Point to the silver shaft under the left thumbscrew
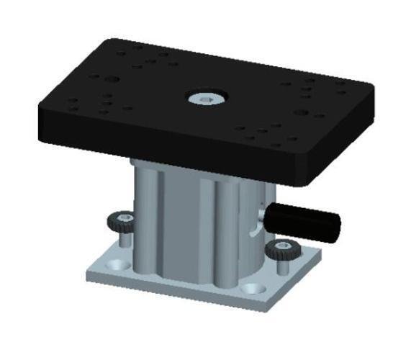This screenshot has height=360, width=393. click(x=125, y=238)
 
